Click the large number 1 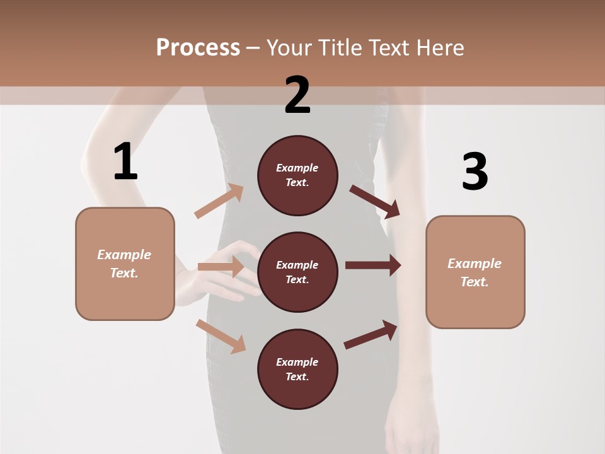click(125, 162)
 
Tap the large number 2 click(297, 95)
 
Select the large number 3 click(475, 172)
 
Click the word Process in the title click(198, 47)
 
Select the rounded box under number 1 click(125, 264)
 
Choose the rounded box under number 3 click(475, 272)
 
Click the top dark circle click(297, 175)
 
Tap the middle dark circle click(297, 272)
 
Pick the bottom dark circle click(297, 369)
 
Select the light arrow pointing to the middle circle click(221, 267)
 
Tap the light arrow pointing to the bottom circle click(221, 336)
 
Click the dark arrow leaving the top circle click(374, 201)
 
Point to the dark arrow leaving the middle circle click(372, 265)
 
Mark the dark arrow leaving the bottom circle click(371, 335)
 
